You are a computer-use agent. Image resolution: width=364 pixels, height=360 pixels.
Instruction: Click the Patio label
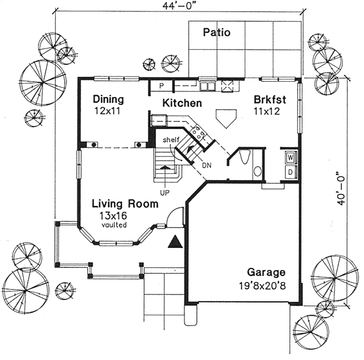tap(217, 32)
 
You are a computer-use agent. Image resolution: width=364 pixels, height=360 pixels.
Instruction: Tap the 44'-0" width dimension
tap(178, 6)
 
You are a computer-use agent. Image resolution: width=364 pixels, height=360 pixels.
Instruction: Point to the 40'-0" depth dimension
tap(340, 188)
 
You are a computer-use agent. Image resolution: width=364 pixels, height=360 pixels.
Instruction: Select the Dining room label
tap(109, 99)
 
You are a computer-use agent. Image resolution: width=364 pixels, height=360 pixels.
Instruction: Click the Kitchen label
tap(182, 103)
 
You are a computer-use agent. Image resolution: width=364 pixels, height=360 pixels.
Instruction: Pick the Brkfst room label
tap(270, 99)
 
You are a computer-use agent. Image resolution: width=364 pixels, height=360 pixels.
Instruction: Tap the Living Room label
tap(125, 204)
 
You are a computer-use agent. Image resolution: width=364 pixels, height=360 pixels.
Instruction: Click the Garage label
tap(266, 272)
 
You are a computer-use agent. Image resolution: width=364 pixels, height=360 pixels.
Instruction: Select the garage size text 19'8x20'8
tap(262, 286)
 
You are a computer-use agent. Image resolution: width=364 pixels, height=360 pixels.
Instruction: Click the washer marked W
tap(291, 158)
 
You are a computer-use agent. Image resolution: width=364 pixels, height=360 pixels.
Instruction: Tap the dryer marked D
tap(291, 172)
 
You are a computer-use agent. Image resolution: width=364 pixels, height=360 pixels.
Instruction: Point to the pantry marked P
tap(161, 86)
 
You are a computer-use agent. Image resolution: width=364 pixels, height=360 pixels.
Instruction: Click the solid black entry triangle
tap(175, 242)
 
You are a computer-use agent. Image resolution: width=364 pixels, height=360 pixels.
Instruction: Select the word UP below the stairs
tap(164, 193)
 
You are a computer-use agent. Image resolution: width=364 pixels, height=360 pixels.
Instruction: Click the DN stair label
tap(207, 165)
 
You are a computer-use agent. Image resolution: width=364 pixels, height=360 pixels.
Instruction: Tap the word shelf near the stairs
tap(171, 139)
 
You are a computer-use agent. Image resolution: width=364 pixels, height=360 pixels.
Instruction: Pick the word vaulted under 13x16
tap(114, 225)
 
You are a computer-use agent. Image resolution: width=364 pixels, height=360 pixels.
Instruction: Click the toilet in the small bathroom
tap(244, 157)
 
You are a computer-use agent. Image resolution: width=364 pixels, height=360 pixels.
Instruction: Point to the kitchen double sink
tap(207, 86)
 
